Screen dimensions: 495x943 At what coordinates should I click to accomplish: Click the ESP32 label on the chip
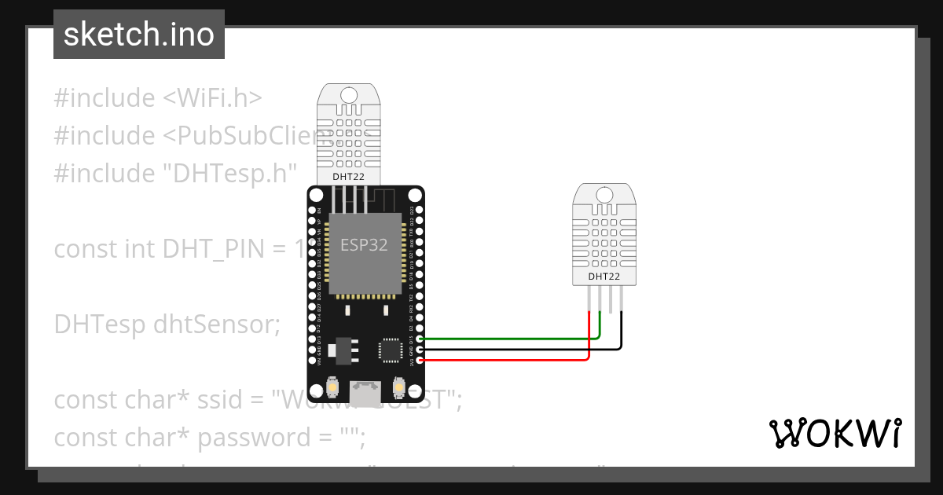(x=364, y=244)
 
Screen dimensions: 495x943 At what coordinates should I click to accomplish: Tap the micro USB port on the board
(x=364, y=393)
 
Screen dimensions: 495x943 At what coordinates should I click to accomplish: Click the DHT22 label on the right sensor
(x=604, y=277)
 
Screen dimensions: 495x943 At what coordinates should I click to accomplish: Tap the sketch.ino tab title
(x=139, y=35)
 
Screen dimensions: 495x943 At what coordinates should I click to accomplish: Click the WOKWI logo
(x=835, y=433)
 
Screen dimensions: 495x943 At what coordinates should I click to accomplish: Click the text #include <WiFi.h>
(x=158, y=98)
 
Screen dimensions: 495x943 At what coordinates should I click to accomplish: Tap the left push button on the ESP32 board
(x=333, y=389)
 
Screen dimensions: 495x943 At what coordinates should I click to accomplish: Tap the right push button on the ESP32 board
(x=397, y=389)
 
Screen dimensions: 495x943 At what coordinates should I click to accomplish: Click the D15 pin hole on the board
(x=419, y=339)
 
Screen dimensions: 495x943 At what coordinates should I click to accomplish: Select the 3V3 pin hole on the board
(x=419, y=360)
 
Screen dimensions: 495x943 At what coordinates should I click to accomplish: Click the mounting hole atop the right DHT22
(x=604, y=194)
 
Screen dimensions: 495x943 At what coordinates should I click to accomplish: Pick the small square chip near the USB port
(x=391, y=350)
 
